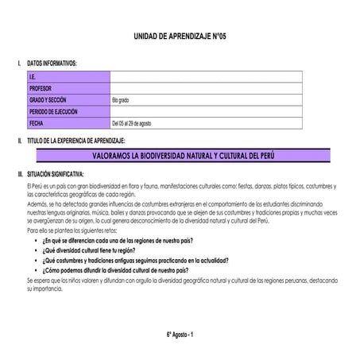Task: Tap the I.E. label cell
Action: tap(33, 77)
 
